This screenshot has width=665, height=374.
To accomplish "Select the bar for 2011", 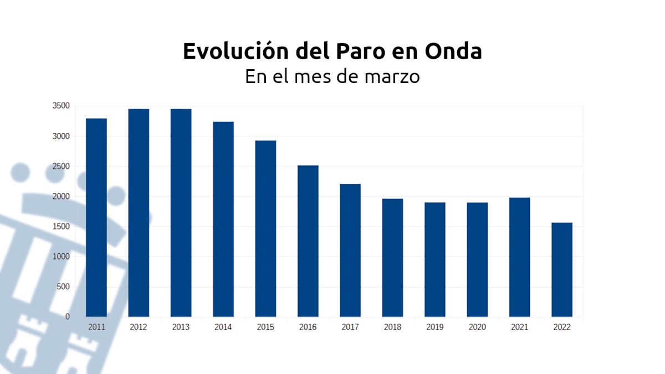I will click(96, 217).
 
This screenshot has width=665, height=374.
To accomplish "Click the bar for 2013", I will click(181, 213).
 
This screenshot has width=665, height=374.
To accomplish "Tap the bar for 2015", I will click(265, 228).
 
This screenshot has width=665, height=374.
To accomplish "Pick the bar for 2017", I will click(350, 250).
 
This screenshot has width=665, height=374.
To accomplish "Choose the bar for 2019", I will click(435, 259).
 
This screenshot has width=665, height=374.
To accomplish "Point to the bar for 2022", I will click(562, 269).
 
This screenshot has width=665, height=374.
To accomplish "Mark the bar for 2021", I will click(519, 257).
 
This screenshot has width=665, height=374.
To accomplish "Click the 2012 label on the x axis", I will click(139, 327).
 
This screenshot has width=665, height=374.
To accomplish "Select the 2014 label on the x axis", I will click(223, 327).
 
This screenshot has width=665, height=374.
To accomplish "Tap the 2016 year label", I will click(308, 327).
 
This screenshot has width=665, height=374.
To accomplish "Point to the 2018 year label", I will click(392, 327).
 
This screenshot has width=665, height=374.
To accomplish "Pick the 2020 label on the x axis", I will click(477, 327).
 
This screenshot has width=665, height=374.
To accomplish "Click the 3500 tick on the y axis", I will click(62, 106).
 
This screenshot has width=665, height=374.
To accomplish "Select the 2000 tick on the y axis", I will click(62, 196).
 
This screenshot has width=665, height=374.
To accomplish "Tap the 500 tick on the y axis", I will click(64, 286).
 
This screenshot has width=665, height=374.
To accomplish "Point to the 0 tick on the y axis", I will click(68, 316).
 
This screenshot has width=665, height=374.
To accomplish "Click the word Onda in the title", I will click(453, 51).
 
